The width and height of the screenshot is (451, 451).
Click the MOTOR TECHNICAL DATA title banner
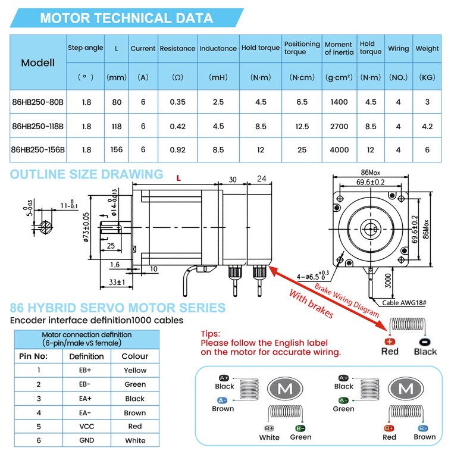[x=126, y=18]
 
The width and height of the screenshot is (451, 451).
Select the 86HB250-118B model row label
[x=38, y=126]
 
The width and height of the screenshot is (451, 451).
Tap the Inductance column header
[x=218, y=48]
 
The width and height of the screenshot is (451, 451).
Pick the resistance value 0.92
[x=177, y=150]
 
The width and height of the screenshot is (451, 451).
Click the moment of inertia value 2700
[x=339, y=126]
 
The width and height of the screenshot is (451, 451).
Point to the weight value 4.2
[x=427, y=126]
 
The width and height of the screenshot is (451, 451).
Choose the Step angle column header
[x=86, y=48]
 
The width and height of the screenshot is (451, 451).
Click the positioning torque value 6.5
[x=302, y=102]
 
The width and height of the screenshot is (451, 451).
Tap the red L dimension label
[x=178, y=178]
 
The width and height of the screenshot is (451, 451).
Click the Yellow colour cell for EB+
[x=135, y=370]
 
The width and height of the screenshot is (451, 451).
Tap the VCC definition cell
[x=87, y=426]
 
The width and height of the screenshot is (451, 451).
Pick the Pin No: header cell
[x=39, y=356]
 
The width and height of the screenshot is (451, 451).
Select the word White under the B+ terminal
[x=270, y=437]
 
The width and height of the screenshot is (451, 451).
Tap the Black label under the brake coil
[x=425, y=352]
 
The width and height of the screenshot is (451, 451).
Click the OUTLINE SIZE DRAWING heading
[x=86, y=174]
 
